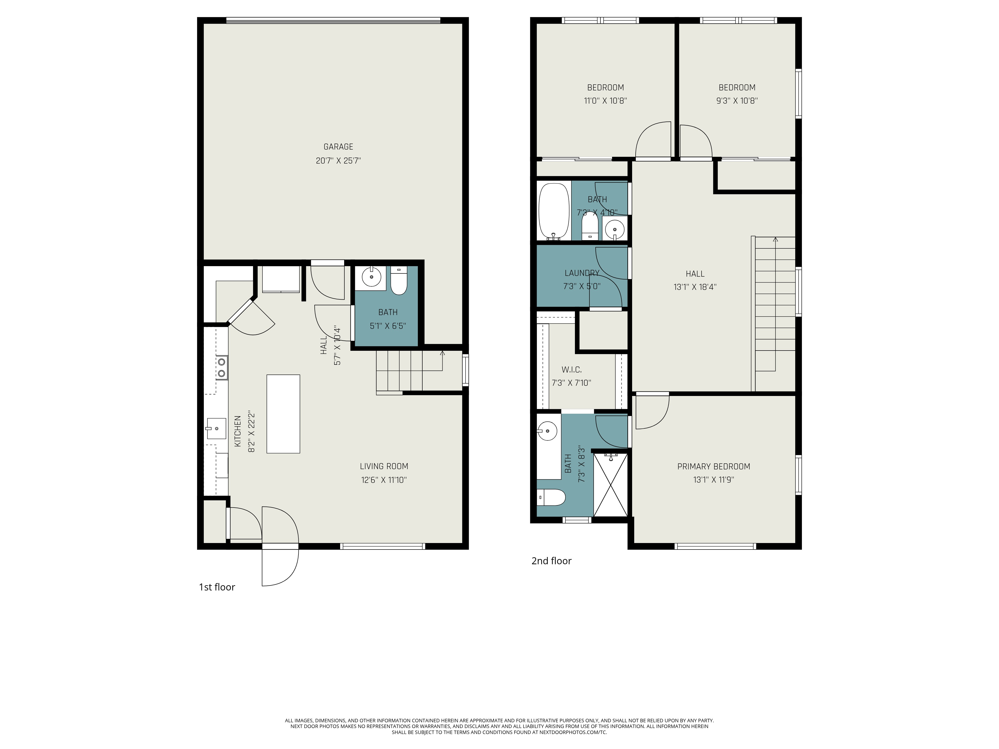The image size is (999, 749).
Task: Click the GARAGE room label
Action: (x=338, y=147)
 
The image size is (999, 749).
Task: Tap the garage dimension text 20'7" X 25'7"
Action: (x=338, y=161)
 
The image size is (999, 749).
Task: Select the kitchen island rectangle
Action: (x=283, y=413)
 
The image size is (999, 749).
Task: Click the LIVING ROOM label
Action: (x=384, y=466)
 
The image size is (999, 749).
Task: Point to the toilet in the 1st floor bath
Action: (x=399, y=280)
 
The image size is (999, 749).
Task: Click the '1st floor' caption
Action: (x=217, y=587)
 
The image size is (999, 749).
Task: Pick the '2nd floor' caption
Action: (x=551, y=561)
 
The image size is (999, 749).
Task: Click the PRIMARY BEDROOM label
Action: (x=714, y=466)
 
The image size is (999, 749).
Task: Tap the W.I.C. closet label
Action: (x=571, y=370)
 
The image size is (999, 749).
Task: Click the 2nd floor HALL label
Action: (x=695, y=274)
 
